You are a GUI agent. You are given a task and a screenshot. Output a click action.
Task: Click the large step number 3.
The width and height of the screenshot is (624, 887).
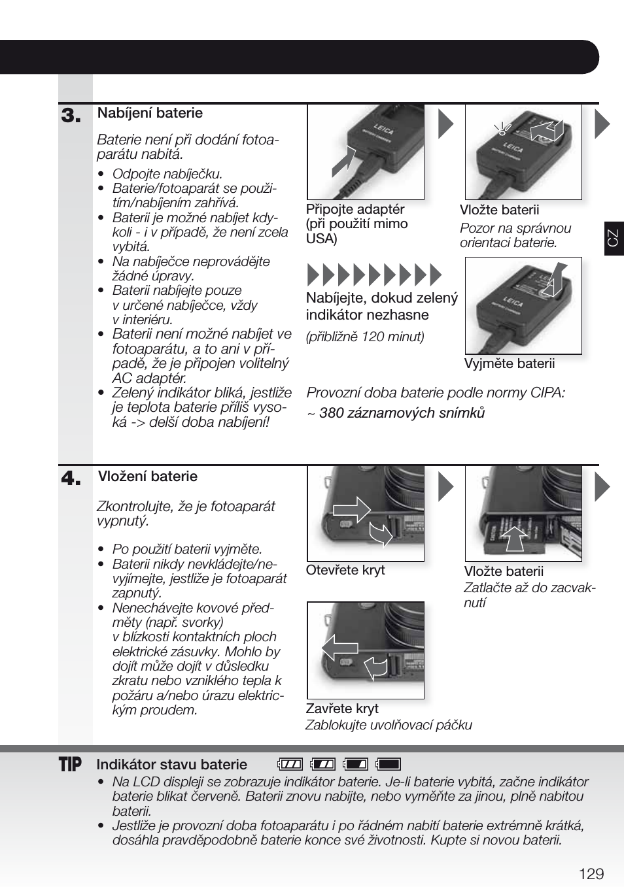tap(71, 116)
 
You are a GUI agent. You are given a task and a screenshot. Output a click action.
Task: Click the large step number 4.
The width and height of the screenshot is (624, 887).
tap(71, 479)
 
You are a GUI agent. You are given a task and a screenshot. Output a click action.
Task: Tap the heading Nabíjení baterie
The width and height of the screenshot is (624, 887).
tap(150, 113)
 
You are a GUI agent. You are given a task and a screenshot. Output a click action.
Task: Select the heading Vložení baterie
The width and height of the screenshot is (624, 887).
tap(147, 477)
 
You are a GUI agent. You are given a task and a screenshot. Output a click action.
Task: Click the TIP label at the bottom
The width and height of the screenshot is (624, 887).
tap(70, 764)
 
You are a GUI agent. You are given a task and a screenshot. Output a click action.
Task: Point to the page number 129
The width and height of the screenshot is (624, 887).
tap(591, 874)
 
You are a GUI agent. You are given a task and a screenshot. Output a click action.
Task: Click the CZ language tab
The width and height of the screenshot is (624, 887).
tap(613, 238)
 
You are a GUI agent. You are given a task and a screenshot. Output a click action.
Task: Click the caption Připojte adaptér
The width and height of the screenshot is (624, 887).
tap(355, 209)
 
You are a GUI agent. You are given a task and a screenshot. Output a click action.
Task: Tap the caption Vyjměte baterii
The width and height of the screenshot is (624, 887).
tap(509, 363)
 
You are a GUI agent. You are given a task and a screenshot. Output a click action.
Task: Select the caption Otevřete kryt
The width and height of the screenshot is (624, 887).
tap(345, 570)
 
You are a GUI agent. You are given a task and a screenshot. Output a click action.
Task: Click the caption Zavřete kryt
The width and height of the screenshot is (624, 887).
tap(342, 709)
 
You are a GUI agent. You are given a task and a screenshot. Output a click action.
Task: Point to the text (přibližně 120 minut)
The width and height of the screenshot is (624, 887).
tap(365, 337)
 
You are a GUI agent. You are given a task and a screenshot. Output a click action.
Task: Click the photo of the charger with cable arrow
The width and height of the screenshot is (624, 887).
tap(366, 152)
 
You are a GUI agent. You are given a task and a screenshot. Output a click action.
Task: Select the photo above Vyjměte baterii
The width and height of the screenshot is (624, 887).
tap(523, 305)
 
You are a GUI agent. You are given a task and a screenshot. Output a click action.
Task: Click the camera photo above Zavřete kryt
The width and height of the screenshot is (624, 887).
tap(366, 650)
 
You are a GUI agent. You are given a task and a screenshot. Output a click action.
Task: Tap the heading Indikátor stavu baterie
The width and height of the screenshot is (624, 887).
tap(171, 764)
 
